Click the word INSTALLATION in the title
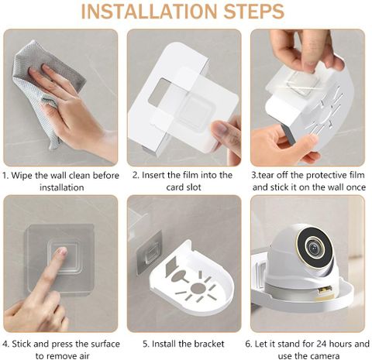[150, 12]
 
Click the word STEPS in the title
[254, 12]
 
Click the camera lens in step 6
[314, 248]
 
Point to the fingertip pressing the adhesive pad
[61, 252]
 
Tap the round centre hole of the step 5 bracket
[198, 288]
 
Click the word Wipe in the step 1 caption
[22, 176]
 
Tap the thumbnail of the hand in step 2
[220, 129]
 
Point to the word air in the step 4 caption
[84, 356]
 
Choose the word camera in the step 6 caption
[325, 356]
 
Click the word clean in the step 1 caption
[80, 176]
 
